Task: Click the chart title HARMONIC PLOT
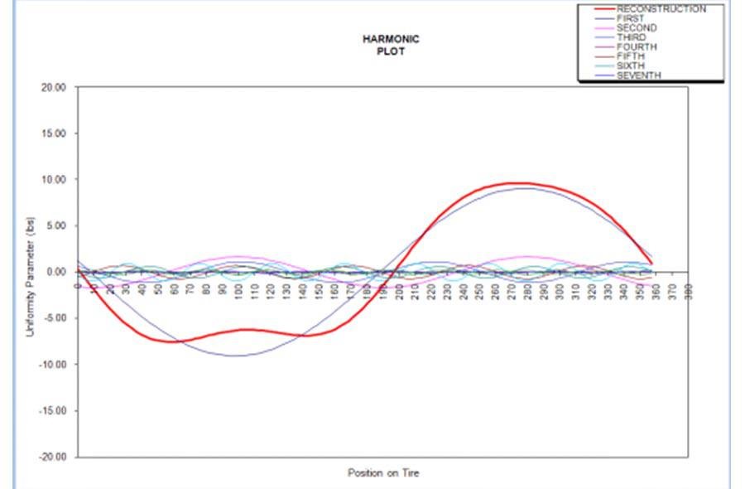tap(391, 45)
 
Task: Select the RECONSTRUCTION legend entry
tap(661, 9)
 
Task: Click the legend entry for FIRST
tap(631, 18)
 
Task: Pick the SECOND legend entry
tap(637, 28)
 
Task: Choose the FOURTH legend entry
tap(637, 47)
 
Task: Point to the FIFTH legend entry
tap(631, 56)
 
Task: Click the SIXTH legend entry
tap(631, 66)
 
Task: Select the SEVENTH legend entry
tap(638, 75)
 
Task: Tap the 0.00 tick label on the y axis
tap(56, 272)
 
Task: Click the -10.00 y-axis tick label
tap(52, 365)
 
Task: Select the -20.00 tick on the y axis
tap(52, 457)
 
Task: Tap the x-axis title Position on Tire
tap(382, 473)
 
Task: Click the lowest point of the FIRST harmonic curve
tap(238, 356)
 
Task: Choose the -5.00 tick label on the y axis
tap(54, 318)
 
